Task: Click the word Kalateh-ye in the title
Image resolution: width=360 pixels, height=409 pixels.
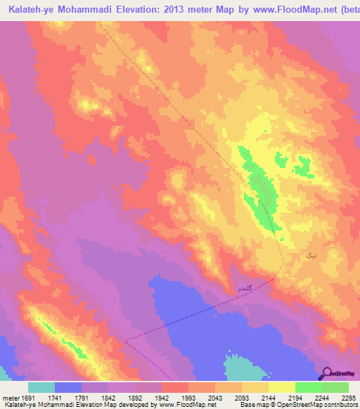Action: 35,9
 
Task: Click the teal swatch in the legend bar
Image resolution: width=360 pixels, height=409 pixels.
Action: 41,387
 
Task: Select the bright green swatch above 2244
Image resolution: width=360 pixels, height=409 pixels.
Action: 308,387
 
